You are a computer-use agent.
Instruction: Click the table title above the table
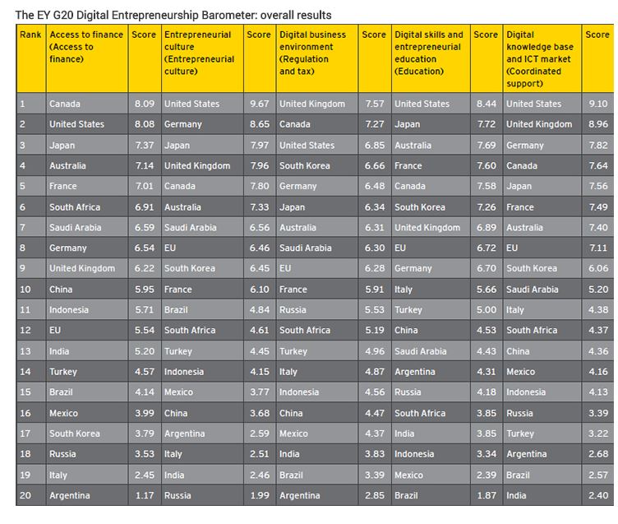(x=173, y=15)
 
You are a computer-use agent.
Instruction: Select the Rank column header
(x=30, y=35)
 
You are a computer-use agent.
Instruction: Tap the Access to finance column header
(x=86, y=47)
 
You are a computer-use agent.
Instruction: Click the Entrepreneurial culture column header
(x=199, y=53)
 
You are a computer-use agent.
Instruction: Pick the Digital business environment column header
(x=312, y=53)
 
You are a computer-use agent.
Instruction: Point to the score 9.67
(x=260, y=104)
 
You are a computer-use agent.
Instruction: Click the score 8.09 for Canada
(x=145, y=104)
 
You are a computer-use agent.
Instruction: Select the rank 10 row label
(x=25, y=290)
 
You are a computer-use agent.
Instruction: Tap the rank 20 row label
(x=25, y=495)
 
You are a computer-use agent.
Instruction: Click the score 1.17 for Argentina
(x=145, y=495)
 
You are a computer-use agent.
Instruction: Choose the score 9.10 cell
(x=598, y=104)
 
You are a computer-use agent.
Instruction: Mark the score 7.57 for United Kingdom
(x=375, y=104)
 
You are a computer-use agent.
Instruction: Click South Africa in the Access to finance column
(x=75, y=207)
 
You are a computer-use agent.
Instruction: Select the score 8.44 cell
(x=487, y=104)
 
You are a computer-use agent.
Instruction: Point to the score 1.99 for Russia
(x=260, y=495)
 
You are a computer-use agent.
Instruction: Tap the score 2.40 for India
(x=598, y=495)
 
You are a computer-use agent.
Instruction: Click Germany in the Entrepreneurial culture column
(x=183, y=125)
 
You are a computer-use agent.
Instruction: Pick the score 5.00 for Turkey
(x=487, y=310)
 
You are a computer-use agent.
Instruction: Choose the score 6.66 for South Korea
(x=375, y=165)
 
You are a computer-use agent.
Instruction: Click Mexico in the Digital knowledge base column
(x=521, y=372)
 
